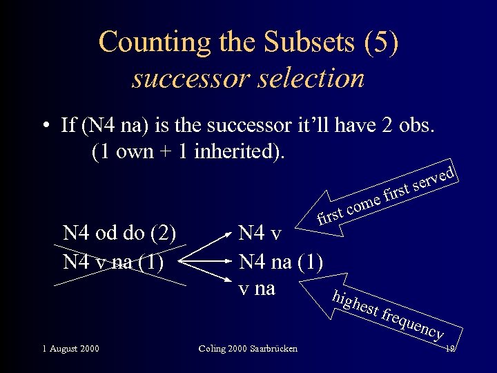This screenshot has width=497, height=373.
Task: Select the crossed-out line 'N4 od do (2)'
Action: coord(119,233)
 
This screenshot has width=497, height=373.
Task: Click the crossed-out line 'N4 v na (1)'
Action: coord(113,262)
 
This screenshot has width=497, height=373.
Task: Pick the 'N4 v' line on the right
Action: coord(260,233)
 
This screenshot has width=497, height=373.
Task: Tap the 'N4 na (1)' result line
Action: coord(280,262)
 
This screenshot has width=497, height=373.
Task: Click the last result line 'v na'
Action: coord(257,288)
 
